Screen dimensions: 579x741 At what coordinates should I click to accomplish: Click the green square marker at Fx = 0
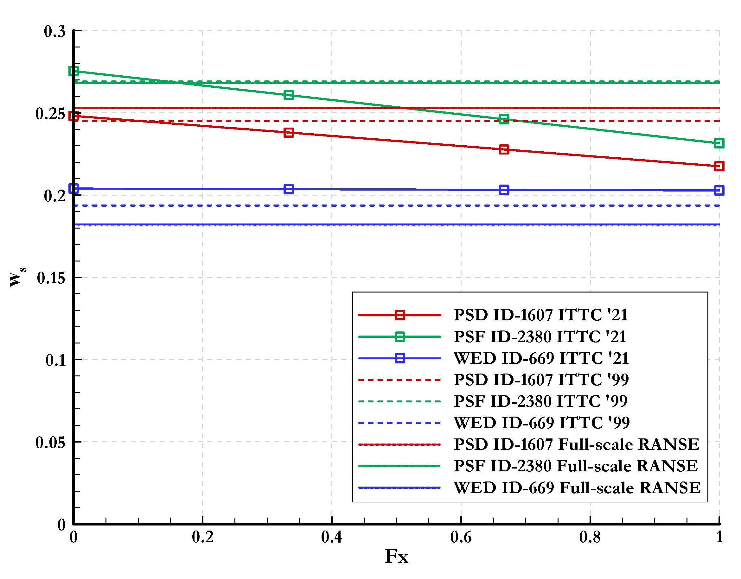pos(73,71)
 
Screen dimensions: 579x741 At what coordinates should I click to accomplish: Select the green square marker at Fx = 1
pos(719,143)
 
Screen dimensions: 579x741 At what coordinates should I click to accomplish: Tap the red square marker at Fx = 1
pos(719,166)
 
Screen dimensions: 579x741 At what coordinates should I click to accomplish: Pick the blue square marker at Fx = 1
pos(719,190)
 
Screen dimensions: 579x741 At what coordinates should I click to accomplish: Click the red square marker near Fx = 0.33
pos(288,133)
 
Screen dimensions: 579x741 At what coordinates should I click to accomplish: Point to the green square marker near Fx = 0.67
pos(504,119)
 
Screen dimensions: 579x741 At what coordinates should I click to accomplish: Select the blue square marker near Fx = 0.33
pos(288,189)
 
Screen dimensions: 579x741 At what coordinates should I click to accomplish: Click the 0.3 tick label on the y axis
pos(54,32)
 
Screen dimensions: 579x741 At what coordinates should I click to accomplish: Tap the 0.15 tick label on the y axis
pos(51,278)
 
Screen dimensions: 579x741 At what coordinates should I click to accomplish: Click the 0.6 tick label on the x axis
pos(461,537)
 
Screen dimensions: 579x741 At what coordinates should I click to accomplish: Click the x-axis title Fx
pos(396,557)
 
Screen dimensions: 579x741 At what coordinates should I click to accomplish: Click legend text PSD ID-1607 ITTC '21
pos(541,315)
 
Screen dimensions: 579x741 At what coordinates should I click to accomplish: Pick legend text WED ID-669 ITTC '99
pos(541,423)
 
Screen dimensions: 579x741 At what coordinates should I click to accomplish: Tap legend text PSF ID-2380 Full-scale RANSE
pos(576,466)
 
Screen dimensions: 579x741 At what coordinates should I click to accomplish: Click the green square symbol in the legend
pos(400,337)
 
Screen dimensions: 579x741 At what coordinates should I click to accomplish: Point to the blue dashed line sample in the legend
pos(400,423)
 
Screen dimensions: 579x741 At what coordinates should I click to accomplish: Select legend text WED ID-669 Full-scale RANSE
pos(577,488)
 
